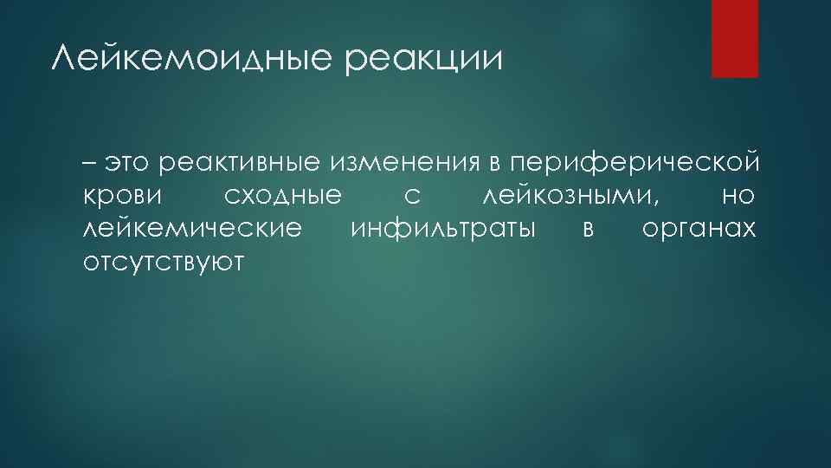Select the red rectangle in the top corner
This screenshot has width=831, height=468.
(x=734, y=38)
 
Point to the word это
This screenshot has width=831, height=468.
(x=128, y=163)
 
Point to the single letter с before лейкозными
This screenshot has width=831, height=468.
(x=412, y=197)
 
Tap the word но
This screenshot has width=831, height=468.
(x=738, y=197)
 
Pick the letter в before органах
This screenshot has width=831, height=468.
(x=589, y=230)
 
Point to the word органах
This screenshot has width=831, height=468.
(x=699, y=231)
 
